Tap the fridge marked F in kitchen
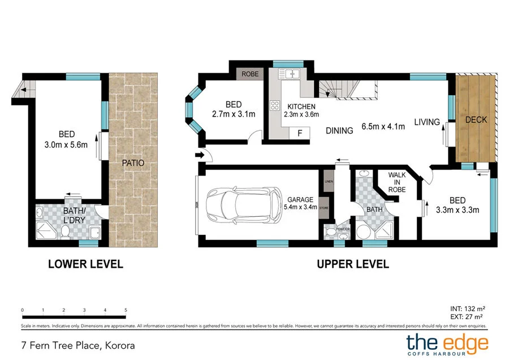[300, 133]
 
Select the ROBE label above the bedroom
[249, 74]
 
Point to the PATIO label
[133, 163]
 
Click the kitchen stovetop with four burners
[275, 105]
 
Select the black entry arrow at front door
[200, 154]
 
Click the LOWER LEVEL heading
[85, 264]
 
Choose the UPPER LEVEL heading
[352, 264]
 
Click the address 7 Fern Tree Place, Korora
[78, 344]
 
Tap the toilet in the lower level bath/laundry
[65, 231]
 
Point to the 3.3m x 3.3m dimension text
[458, 209]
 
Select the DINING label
[339, 130]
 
